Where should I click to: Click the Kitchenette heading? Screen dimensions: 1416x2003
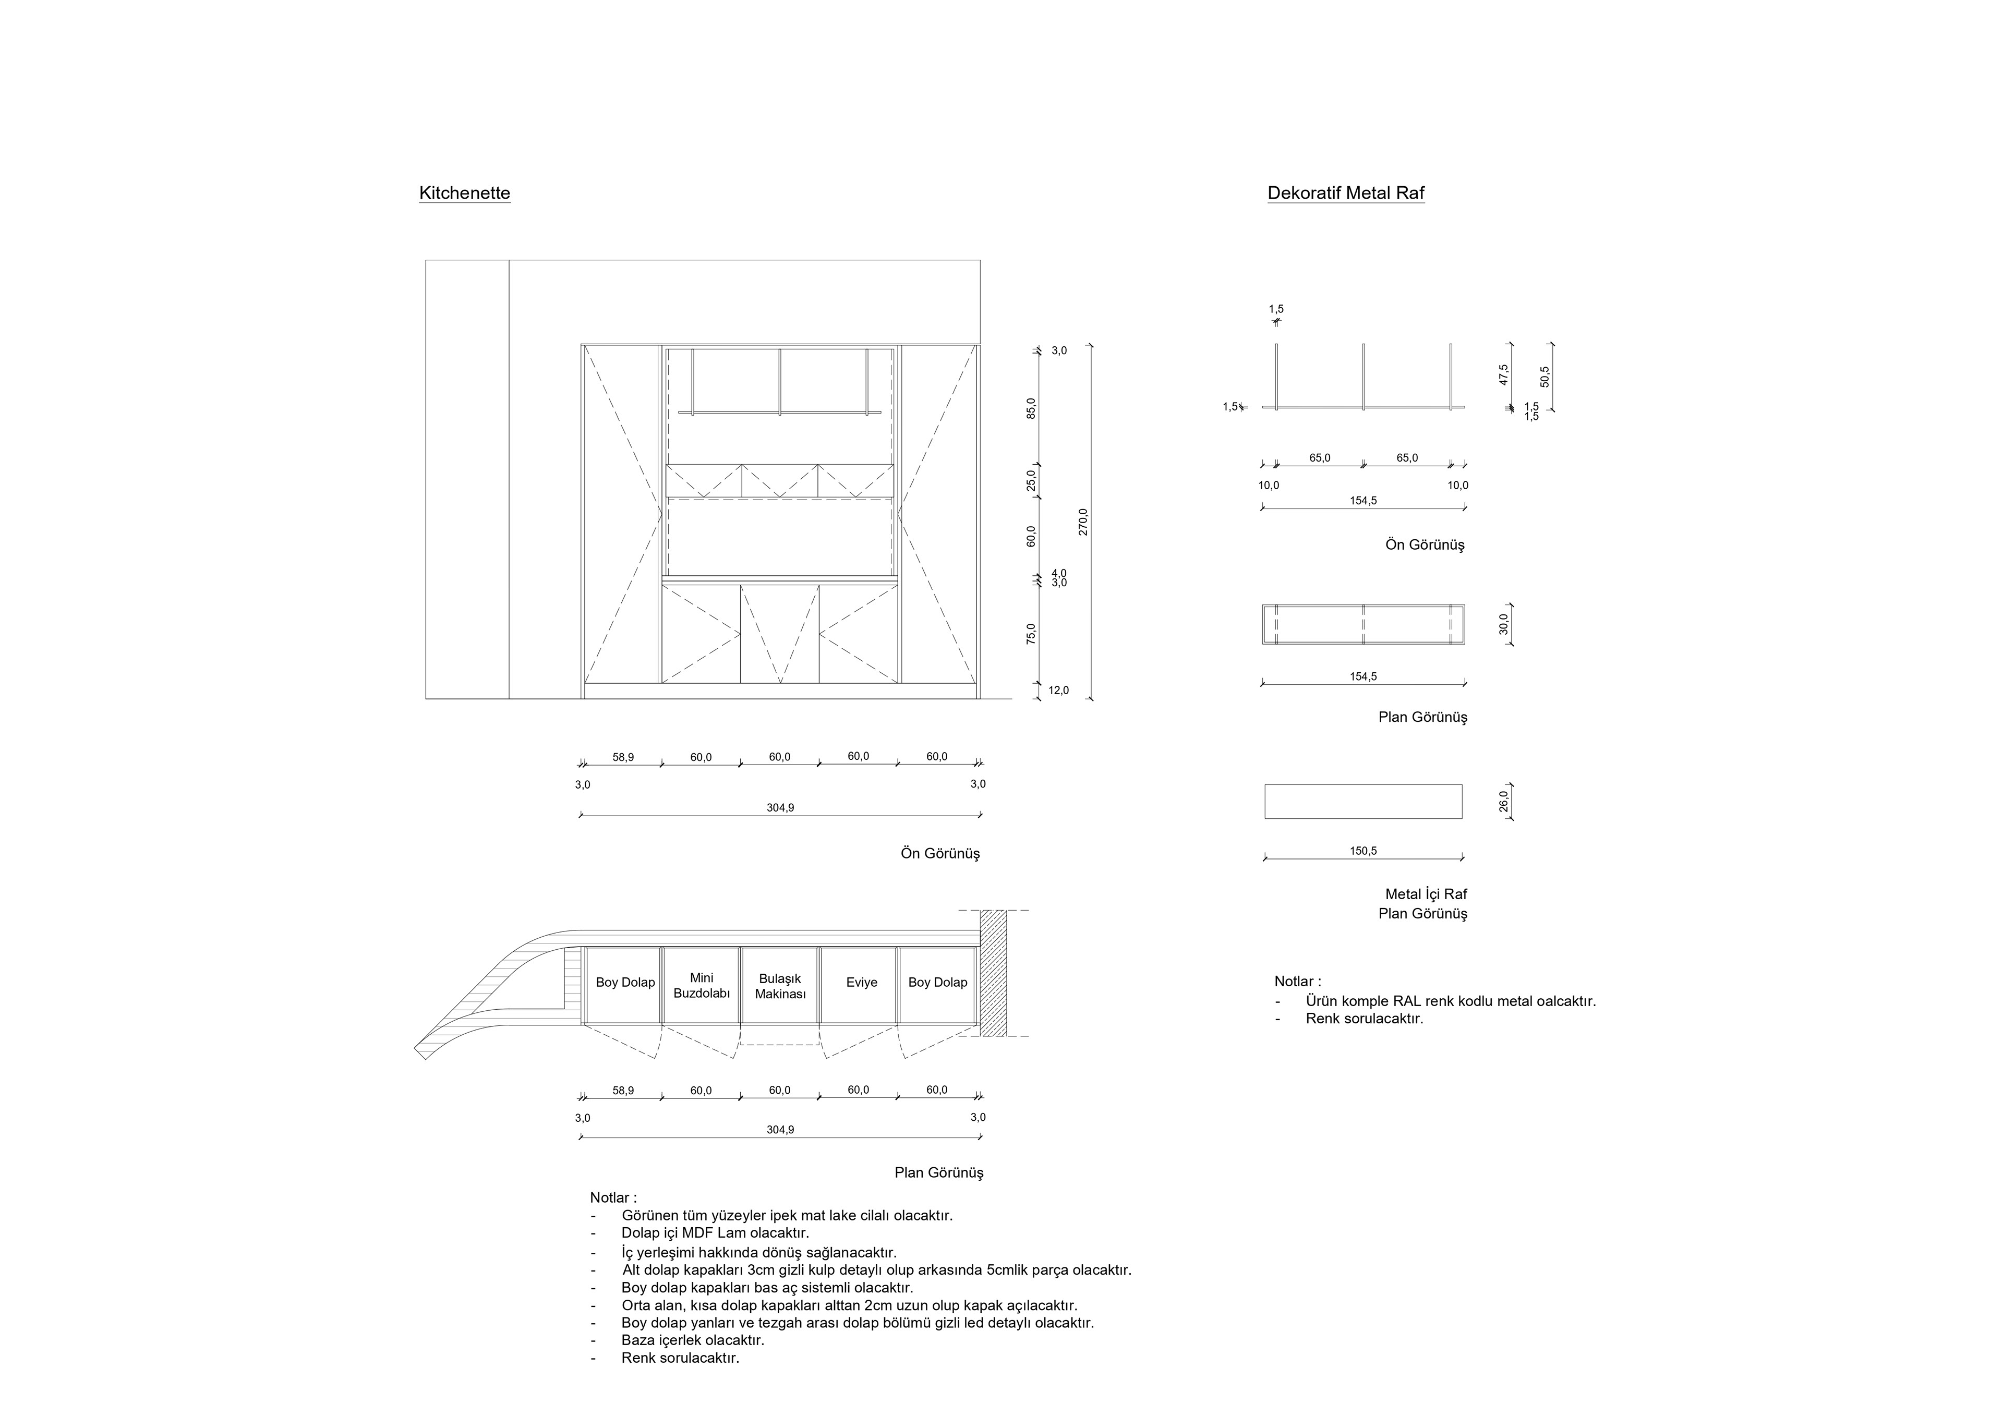pos(464,193)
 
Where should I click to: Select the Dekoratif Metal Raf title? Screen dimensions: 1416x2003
pos(1345,193)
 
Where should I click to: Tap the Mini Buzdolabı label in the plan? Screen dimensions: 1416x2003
pos(702,986)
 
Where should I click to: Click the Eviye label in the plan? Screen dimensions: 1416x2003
pos(861,983)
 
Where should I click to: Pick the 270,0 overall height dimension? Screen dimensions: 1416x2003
pos(1083,522)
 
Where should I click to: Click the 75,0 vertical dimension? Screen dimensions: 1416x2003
pos(1031,633)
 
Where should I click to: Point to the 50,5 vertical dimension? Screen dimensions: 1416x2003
pos(1545,376)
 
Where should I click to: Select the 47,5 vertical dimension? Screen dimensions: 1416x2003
pos(1503,374)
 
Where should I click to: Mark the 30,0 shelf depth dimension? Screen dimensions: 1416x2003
pos(1503,625)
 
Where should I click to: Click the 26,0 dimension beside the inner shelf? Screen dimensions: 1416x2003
pos(1503,801)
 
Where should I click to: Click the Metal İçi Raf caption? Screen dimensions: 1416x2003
pos(1426,894)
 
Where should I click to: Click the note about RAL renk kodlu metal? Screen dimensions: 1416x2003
pos(1450,1001)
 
